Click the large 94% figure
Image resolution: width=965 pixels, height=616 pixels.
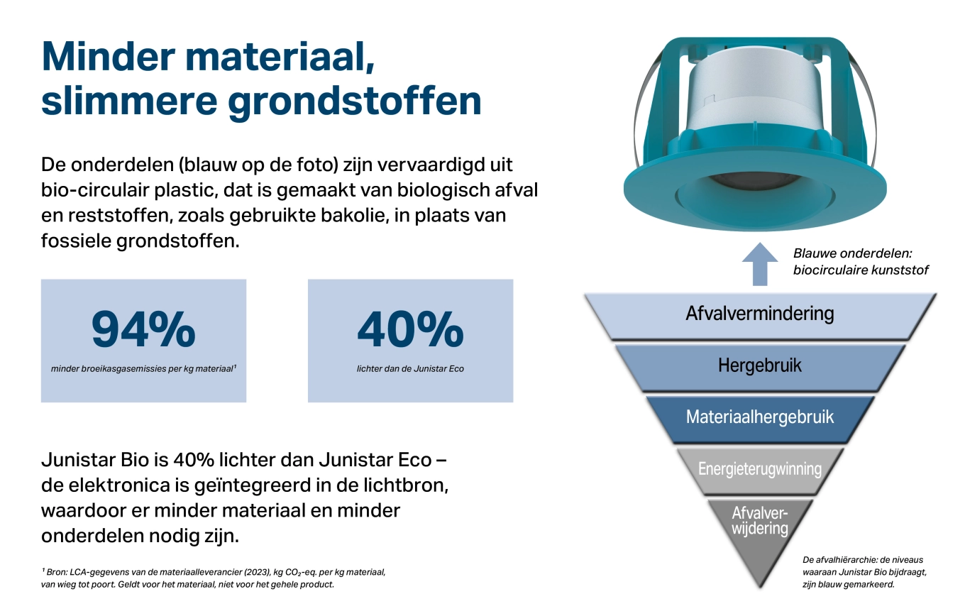pyautogui.click(x=143, y=329)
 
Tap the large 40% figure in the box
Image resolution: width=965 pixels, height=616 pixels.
pyautogui.click(x=411, y=329)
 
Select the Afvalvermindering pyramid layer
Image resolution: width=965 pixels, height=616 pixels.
pyautogui.click(x=760, y=316)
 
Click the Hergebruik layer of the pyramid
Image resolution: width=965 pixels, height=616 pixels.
pyautogui.click(x=760, y=367)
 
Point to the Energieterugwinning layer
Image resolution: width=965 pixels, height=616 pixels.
pyautogui.click(x=760, y=471)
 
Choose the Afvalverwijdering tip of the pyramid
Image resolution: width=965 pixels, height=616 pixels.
pyautogui.click(x=760, y=530)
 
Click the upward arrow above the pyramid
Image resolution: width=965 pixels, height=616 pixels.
pyautogui.click(x=760, y=264)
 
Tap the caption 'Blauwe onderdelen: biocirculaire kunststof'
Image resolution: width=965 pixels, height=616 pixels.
pyautogui.click(x=861, y=261)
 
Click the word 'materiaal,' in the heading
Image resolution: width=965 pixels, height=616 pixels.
pyautogui.click(x=280, y=57)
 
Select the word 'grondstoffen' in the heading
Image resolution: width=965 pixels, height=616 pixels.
pyautogui.click(x=354, y=102)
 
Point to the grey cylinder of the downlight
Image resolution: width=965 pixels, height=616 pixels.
pyautogui.click(x=757, y=90)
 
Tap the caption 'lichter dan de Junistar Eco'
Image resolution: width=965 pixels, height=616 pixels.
pyautogui.click(x=410, y=369)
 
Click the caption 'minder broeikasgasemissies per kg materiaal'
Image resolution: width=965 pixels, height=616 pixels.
pyautogui.click(x=143, y=369)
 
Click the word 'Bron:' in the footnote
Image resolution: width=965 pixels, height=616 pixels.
pyautogui.click(x=57, y=572)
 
